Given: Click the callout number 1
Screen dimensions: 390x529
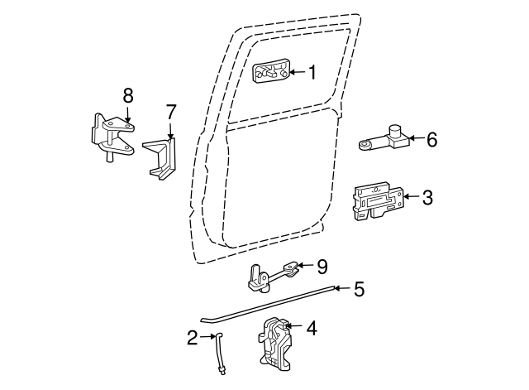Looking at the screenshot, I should [x=312, y=73].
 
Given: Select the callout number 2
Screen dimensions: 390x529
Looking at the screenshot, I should [x=192, y=337].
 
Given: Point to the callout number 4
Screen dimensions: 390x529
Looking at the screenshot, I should [x=311, y=328].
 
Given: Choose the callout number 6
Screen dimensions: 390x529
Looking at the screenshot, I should [x=431, y=139].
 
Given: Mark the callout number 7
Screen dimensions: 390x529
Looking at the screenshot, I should [x=171, y=112].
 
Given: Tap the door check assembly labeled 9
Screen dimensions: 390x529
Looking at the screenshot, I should [x=270, y=275].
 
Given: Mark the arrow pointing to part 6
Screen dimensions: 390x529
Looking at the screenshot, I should [x=415, y=139].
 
